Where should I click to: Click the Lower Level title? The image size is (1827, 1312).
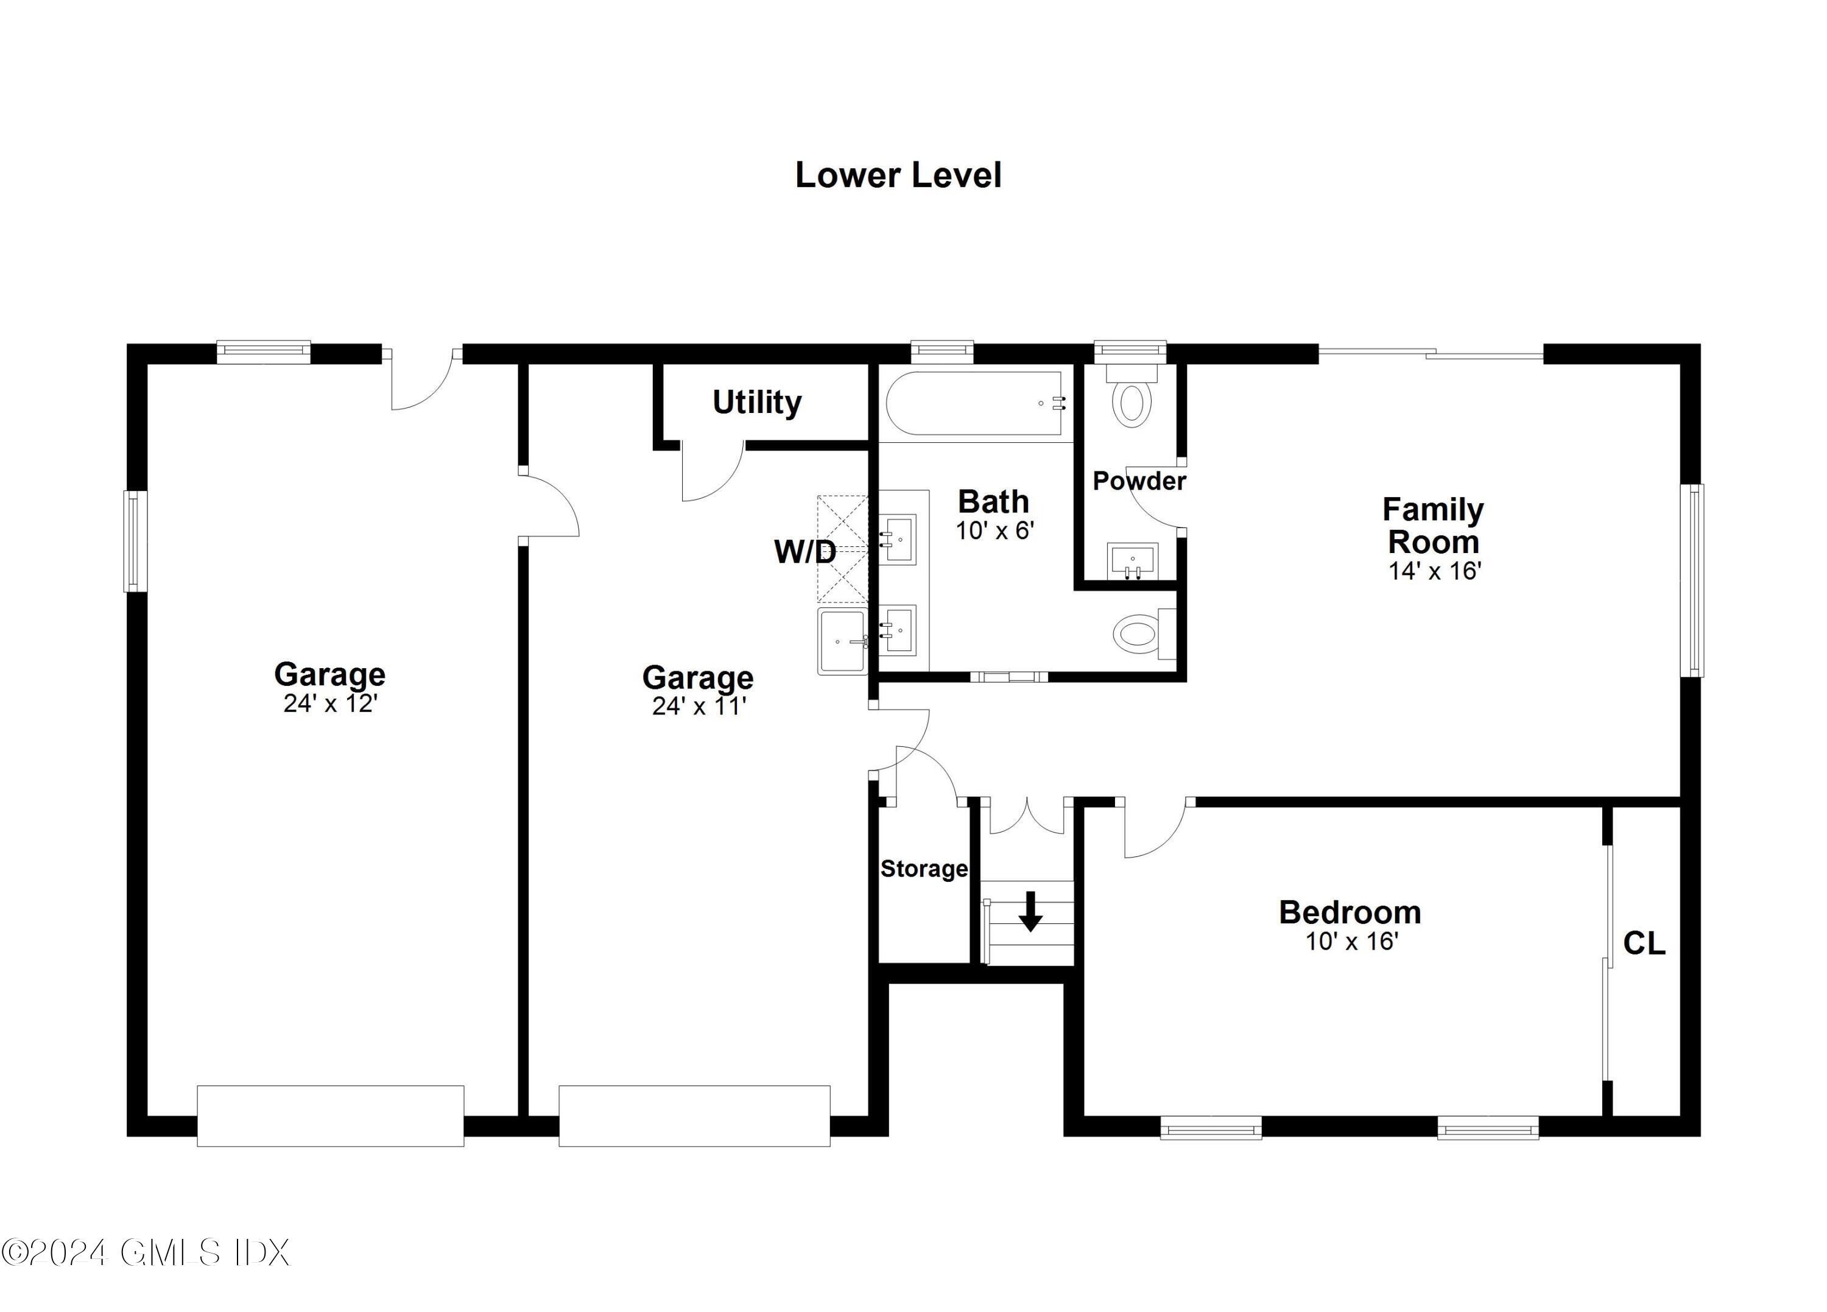pos(898,175)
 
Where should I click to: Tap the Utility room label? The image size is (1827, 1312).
pos(756,401)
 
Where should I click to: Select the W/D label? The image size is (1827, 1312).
pos(804,552)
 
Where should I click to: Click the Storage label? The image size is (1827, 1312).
pos(923,869)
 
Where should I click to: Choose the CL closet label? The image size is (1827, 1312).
pos(1643,943)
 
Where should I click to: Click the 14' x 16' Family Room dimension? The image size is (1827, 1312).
pos(1435,571)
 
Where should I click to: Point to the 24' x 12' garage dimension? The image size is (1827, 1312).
pos(330,704)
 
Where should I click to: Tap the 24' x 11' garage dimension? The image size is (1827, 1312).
pos(699,707)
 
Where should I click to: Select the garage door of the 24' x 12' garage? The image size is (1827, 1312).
pos(330,1115)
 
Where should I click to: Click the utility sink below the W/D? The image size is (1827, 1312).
pos(842,641)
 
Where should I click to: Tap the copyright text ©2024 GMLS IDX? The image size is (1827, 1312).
pos(145,1253)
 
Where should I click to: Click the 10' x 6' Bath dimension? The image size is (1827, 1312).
pos(995,531)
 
